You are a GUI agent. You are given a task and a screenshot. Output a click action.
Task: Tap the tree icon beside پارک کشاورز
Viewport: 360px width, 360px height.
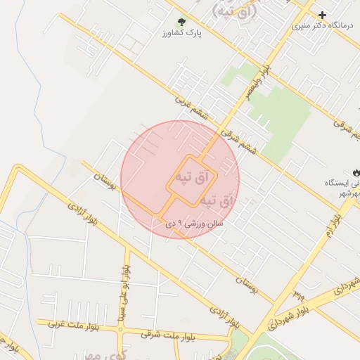click(181, 23)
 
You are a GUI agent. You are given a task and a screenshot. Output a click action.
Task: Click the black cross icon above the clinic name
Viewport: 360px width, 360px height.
click(322, 15)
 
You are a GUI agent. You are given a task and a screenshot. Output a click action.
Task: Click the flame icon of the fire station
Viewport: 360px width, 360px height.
click(356, 172)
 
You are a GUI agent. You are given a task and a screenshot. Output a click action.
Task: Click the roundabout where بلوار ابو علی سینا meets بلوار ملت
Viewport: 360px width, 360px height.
click(126, 325)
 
